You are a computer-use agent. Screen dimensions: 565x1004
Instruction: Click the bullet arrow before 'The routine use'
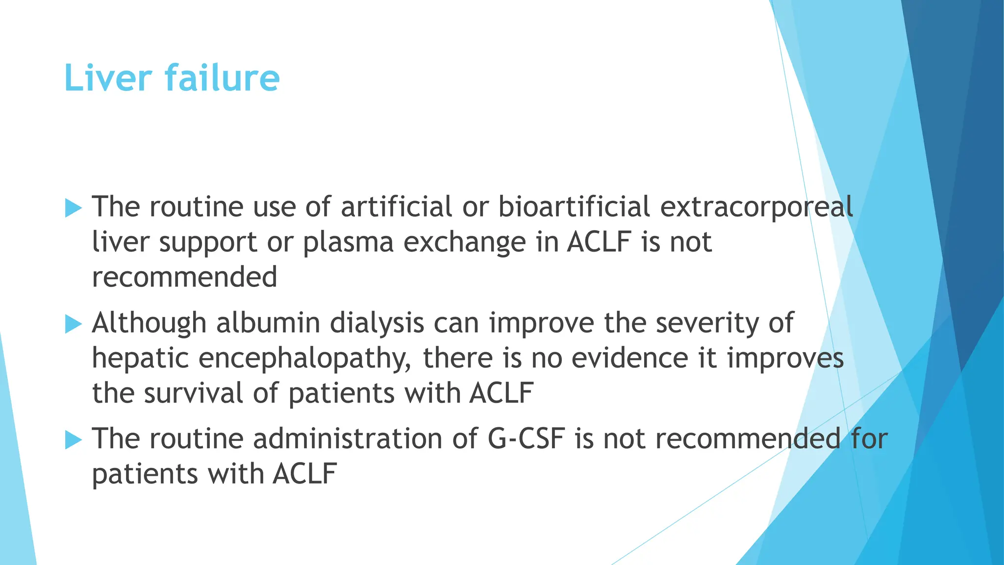[74, 208]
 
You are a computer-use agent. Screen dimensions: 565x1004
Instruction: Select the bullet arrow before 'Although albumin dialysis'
[74, 324]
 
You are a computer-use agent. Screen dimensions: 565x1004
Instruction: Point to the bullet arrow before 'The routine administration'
[74, 440]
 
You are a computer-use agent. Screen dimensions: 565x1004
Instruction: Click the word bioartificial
[574, 206]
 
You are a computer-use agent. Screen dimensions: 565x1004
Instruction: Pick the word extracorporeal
[756, 207]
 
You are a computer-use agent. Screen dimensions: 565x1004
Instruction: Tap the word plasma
[348, 243]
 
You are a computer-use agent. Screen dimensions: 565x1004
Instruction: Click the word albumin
[268, 323]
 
